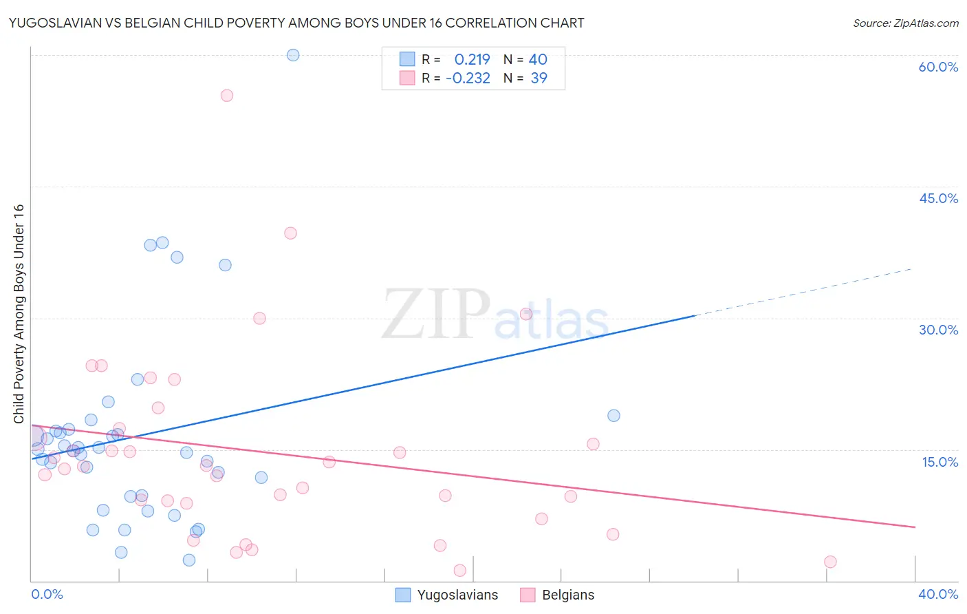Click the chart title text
[296, 23]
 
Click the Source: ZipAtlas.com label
[905, 23]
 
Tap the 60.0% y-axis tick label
[938, 67]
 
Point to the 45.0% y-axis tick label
[938, 198]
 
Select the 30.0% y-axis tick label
[938, 330]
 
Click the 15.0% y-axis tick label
[939, 462]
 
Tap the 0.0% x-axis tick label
[47, 594]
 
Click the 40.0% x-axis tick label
[938, 594]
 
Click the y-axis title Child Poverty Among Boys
[19, 314]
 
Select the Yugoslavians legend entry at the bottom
[448, 595]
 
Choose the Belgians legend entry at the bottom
[558, 595]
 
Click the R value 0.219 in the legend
[472, 60]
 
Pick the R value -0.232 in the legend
[468, 78]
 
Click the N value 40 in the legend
[538, 60]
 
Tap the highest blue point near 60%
[293, 55]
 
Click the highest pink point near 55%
[227, 96]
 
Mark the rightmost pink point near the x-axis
[830, 562]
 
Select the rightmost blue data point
[613, 416]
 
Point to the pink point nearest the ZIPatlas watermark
[526, 314]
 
